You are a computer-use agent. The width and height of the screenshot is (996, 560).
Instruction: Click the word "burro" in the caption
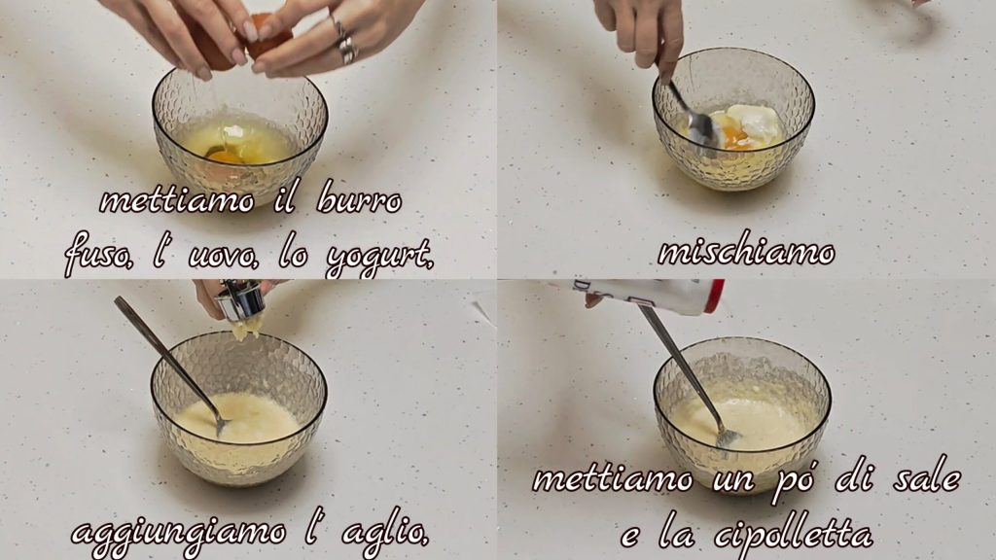tap(358, 199)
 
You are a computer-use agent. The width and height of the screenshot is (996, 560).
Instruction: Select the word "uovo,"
tap(223, 256)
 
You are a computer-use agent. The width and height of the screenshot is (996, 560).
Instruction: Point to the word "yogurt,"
tap(380, 259)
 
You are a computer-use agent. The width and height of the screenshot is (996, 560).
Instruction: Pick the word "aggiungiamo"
tap(179, 534)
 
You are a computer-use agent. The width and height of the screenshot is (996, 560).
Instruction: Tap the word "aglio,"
tap(385, 530)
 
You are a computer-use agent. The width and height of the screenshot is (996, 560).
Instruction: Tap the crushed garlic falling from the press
tap(247, 329)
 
